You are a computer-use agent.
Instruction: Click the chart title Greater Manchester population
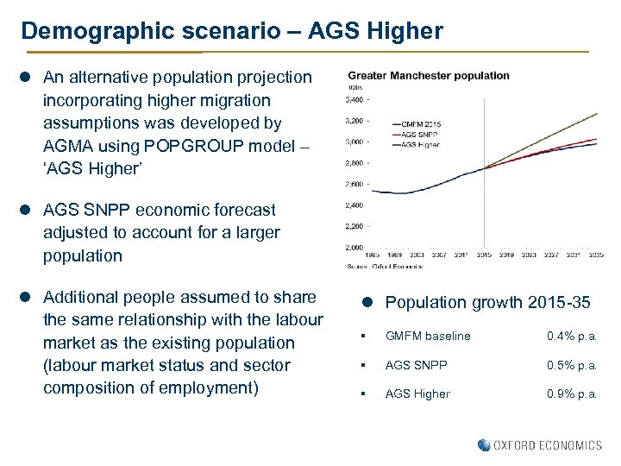click(x=428, y=75)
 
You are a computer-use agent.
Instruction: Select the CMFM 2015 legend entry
click(x=421, y=124)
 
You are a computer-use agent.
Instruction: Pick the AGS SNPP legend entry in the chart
click(x=419, y=135)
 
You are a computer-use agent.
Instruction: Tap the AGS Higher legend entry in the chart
click(x=421, y=144)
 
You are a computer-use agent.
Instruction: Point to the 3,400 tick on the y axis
click(x=354, y=99)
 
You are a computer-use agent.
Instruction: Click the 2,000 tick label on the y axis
click(x=354, y=247)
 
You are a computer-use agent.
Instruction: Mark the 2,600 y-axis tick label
click(x=354, y=184)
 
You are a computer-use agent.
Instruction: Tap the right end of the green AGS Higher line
click(x=597, y=114)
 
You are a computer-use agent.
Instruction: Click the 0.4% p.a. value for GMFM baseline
click(x=572, y=336)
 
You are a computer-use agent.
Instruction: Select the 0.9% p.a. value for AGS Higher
click(x=572, y=394)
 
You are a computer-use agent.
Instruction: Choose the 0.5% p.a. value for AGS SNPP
click(x=572, y=365)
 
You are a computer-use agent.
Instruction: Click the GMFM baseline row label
click(x=428, y=336)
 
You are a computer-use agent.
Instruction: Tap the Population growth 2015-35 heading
click(x=487, y=303)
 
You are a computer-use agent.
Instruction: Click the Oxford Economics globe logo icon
click(x=484, y=445)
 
